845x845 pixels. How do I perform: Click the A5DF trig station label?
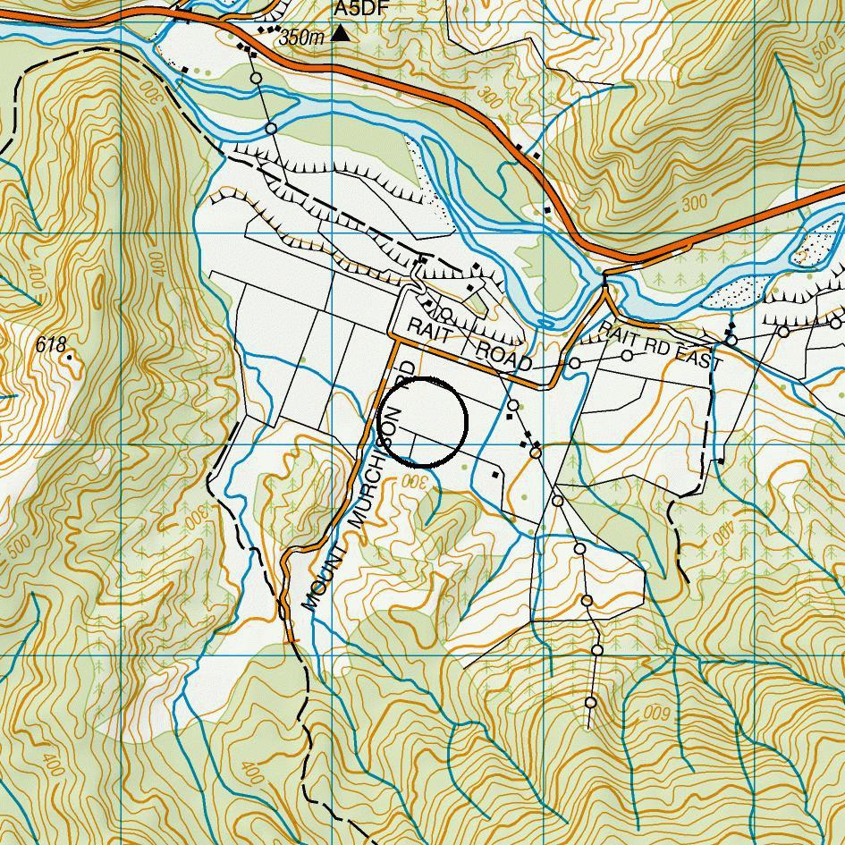(x=355, y=8)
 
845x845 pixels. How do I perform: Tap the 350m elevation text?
(x=301, y=38)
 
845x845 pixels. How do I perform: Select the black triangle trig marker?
(x=341, y=34)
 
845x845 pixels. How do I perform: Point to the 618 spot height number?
(x=53, y=344)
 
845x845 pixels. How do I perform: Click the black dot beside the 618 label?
(x=70, y=357)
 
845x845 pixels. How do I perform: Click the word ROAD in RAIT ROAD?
(x=503, y=355)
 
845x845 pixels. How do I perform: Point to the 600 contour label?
(x=655, y=713)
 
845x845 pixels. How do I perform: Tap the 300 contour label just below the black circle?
(x=418, y=481)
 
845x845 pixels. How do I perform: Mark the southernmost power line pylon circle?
(x=591, y=703)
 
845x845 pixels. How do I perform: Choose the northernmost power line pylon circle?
(x=256, y=79)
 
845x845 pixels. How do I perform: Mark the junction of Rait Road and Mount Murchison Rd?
(x=395, y=339)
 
